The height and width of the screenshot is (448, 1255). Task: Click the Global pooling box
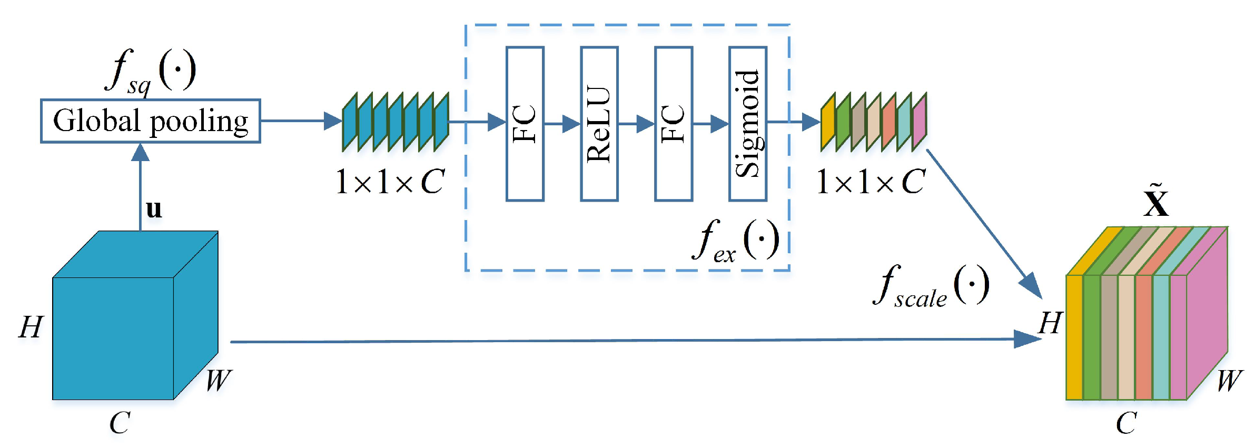(x=150, y=121)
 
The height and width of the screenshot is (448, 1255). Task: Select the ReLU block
(x=599, y=124)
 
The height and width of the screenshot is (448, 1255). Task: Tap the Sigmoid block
(x=747, y=124)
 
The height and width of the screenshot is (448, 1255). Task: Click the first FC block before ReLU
(x=525, y=124)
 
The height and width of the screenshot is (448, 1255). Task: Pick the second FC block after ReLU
(x=673, y=124)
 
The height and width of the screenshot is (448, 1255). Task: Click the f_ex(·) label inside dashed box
(x=736, y=241)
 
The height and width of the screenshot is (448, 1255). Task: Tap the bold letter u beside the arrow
(x=154, y=209)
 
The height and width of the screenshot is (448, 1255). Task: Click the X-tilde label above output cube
(x=1156, y=202)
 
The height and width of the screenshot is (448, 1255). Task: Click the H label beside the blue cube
(x=31, y=327)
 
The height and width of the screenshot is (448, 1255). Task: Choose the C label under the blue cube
(x=120, y=423)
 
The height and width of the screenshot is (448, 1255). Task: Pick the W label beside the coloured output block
(x=1229, y=380)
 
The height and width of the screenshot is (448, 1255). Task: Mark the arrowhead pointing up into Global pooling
(x=140, y=152)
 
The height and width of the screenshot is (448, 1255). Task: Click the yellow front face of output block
(x=1074, y=337)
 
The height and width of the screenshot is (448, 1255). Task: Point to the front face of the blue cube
(x=113, y=338)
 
